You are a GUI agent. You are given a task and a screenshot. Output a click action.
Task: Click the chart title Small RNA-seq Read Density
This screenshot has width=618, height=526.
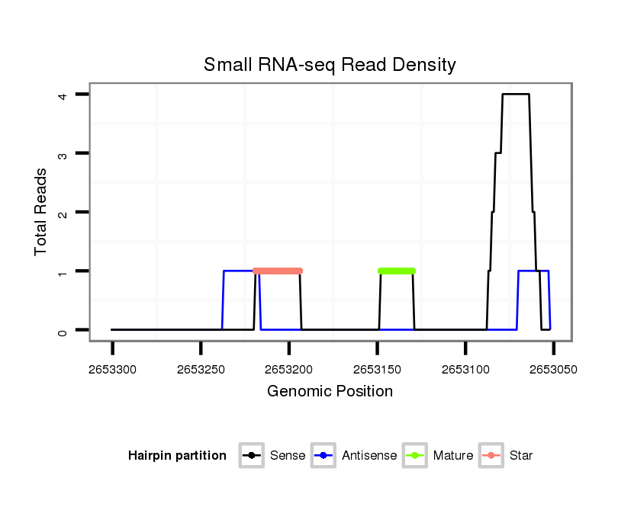pos(330,65)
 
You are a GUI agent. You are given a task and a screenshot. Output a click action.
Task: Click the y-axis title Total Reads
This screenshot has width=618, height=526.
pos(41,212)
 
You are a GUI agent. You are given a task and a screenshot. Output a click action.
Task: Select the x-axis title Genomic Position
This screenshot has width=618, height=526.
pos(330,392)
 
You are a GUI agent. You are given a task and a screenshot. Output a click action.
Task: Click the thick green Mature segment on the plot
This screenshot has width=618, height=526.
pos(397,271)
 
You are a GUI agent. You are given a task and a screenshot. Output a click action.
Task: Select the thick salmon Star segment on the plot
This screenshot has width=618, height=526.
pos(278,271)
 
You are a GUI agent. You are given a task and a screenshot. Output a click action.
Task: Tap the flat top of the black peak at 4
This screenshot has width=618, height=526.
pos(516,95)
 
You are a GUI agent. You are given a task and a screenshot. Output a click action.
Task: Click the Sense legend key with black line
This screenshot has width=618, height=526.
pos(252,456)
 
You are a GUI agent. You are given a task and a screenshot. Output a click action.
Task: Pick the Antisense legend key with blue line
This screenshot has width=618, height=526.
pos(324,456)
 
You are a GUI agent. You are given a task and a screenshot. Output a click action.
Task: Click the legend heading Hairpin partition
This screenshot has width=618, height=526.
pos(177,456)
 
